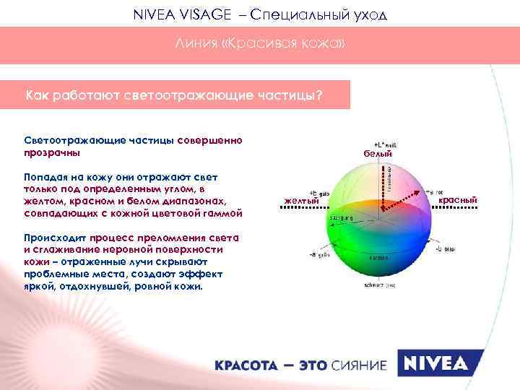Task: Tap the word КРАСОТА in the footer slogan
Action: [245, 365]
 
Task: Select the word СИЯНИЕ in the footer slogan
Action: [359, 365]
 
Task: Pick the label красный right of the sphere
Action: [457, 199]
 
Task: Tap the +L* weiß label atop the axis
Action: [382, 144]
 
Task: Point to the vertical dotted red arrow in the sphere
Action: [383, 188]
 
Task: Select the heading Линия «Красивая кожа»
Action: [260, 45]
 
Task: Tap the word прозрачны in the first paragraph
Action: [52, 153]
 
